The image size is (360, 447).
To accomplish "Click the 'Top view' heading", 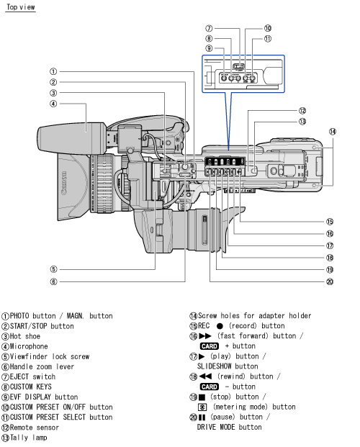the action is coord(21,7).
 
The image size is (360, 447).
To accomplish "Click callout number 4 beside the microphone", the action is coord(53,104).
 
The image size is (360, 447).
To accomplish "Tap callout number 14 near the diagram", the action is coord(333,132).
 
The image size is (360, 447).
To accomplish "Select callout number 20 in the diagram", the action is coord(330,281).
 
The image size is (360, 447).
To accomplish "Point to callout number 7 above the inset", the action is coord(209,28).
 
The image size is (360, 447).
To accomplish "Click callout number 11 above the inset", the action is coord(268,38).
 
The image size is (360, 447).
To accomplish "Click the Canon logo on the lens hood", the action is coord(64,183).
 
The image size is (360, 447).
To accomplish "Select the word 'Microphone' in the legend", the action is coord(29,346).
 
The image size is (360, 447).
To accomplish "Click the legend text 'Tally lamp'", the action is coord(29,438).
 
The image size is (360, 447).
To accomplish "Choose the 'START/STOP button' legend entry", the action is coord(42,326).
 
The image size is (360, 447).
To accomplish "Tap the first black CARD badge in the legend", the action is coord(210,346).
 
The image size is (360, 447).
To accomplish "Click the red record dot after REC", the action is coord(220,326).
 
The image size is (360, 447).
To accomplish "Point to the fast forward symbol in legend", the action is coord(205,336).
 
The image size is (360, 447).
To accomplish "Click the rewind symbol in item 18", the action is coord(205,376).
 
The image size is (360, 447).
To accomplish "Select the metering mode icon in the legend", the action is coord(202,407).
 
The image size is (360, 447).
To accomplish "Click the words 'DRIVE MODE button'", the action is coord(230,427).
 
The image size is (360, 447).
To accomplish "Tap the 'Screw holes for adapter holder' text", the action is coord(254,316).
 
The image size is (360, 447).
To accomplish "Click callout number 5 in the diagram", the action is coord(53,269).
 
